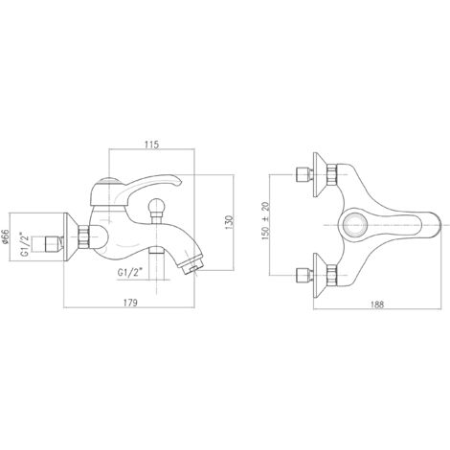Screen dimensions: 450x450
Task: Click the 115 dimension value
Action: pyautogui.click(x=151, y=145)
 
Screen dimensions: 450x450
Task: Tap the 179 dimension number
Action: pyautogui.click(x=130, y=303)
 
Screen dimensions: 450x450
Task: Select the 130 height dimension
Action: pyautogui.click(x=229, y=222)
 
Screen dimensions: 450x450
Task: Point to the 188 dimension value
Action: pyautogui.click(x=377, y=304)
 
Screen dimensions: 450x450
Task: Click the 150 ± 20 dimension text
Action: pyautogui.click(x=265, y=221)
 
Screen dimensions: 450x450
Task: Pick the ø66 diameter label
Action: pyautogui.click(x=5, y=237)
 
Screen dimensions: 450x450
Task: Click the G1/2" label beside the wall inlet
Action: pyautogui.click(x=25, y=244)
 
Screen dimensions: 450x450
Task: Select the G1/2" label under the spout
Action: pyautogui.click(x=129, y=273)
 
